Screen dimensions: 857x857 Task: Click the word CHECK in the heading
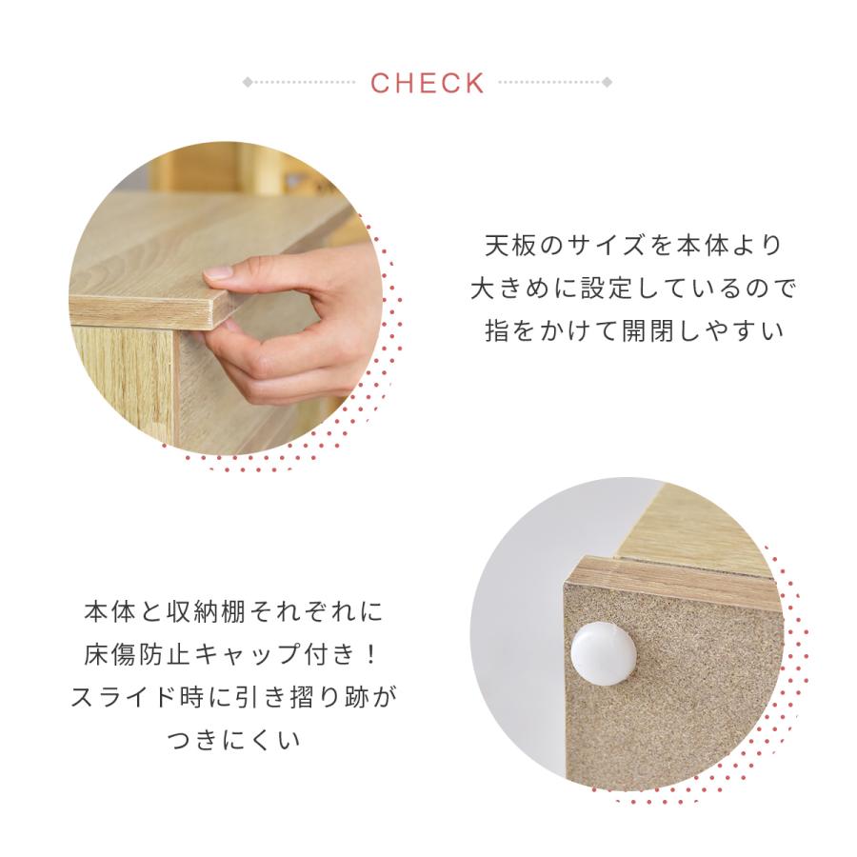pyautogui.click(x=428, y=83)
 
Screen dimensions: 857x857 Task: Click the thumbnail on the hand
pyautogui.click(x=220, y=272)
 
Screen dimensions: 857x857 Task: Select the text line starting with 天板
pyautogui.click(x=632, y=245)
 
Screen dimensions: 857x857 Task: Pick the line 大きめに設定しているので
pyautogui.click(x=632, y=288)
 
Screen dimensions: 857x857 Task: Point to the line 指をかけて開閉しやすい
pyautogui.click(x=632, y=331)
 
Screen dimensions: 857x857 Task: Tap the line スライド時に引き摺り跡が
pyautogui.click(x=234, y=697)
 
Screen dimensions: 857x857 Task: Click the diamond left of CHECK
pyautogui.click(x=248, y=83)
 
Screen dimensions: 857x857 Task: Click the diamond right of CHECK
pyautogui.click(x=608, y=83)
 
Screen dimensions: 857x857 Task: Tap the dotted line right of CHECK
pyautogui.click(x=550, y=83)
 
